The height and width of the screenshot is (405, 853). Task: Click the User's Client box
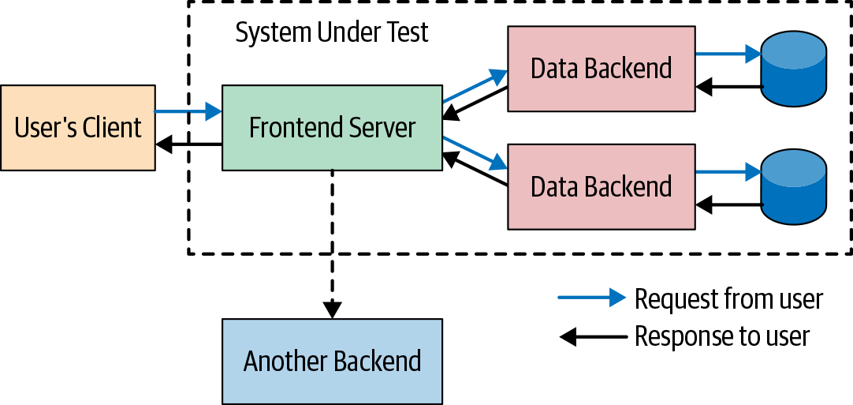77,128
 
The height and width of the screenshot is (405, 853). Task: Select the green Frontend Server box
332,128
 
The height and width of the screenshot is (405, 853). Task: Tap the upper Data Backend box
601,69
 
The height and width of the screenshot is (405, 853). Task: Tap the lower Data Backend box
601,186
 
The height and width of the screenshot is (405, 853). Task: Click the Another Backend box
332,361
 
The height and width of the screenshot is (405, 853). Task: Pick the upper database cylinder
794,69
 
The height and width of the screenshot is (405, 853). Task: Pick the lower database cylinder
794,186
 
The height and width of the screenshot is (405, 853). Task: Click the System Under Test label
332,32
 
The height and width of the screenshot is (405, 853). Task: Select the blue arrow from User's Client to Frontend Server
188,112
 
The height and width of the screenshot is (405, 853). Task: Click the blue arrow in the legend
591,298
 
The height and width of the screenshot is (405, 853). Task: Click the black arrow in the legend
591,337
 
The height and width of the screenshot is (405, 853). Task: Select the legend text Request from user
728,299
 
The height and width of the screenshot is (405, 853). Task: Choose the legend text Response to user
721,337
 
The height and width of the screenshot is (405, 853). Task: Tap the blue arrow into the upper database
728,54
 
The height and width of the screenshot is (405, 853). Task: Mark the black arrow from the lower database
729,205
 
